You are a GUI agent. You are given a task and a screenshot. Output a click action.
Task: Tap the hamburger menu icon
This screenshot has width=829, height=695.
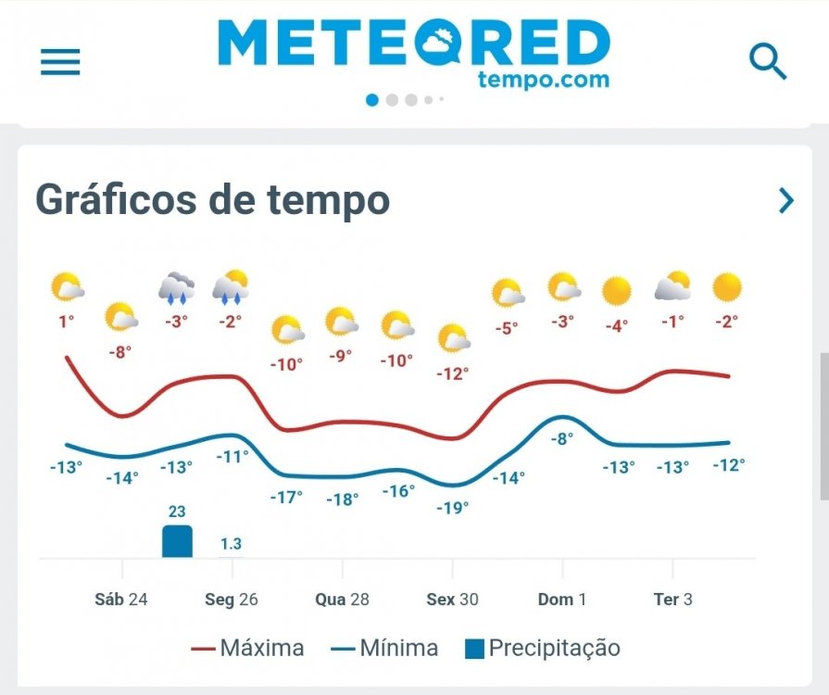pyautogui.click(x=60, y=62)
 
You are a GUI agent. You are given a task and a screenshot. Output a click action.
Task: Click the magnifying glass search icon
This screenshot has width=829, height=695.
pyautogui.click(x=767, y=62)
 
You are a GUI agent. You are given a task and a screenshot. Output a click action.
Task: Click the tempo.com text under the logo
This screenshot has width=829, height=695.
pyautogui.click(x=544, y=79)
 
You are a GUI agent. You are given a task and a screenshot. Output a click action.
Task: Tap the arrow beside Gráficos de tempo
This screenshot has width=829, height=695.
pyautogui.click(x=786, y=200)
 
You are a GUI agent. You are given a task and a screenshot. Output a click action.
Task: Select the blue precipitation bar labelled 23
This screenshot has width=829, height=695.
pyautogui.click(x=177, y=541)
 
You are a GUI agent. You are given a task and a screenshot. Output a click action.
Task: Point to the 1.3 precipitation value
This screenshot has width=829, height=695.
pyautogui.click(x=231, y=544)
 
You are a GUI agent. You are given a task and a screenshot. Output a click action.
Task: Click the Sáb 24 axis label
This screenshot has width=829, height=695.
pyautogui.click(x=121, y=600)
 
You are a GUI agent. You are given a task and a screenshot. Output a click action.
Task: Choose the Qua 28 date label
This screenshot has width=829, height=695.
pyautogui.click(x=342, y=600)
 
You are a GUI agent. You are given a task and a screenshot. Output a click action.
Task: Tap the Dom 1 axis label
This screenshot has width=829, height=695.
pyautogui.click(x=562, y=600)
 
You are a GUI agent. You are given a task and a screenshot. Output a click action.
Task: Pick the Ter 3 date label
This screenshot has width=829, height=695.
pyautogui.click(x=672, y=600)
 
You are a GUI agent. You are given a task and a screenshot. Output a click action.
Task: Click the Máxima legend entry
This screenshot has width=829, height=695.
pyautogui.click(x=247, y=648)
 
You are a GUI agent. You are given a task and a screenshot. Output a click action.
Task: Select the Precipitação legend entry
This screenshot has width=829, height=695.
pyautogui.click(x=543, y=648)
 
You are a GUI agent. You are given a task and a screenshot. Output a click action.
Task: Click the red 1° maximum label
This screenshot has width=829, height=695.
pyautogui.click(x=65, y=322)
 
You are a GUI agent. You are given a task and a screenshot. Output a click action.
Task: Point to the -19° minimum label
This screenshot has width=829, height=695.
pyautogui.click(x=452, y=507)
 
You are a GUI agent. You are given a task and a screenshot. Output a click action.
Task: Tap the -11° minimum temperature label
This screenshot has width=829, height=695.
pyautogui.click(x=232, y=456)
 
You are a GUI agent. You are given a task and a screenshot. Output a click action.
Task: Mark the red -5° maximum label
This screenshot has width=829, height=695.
pyautogui.click(x=506, y=327)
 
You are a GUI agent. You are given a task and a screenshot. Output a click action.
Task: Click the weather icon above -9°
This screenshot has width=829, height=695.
pyautogui.click(x=342, y=322)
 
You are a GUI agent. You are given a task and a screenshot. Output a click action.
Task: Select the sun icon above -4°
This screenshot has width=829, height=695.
pyautogui.click(x=616, y=291)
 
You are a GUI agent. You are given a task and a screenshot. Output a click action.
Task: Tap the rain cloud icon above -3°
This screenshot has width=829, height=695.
pyautogui.click(x=176, y=288)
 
